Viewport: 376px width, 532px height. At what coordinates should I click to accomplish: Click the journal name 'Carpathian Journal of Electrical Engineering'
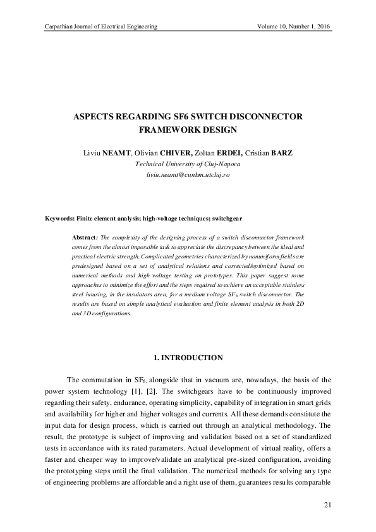[99, 27]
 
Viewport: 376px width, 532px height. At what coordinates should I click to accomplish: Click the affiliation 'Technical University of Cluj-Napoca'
[188, 163]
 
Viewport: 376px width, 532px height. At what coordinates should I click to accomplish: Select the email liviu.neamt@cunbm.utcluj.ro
[188, 173]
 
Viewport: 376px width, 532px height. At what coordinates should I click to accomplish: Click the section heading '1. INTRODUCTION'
[188, 358]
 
